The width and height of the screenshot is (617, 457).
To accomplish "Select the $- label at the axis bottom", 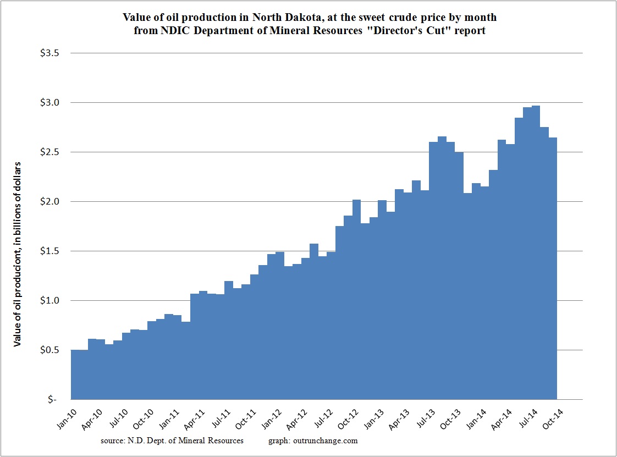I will [52, 400].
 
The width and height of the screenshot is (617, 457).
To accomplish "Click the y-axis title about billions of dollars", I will [18, 254].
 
